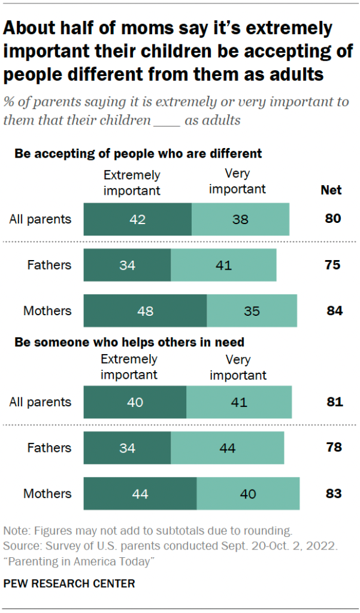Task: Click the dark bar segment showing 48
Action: pyautogui.click(x=145, y=311)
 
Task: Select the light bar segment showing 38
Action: pyautogui.click(x=240, y=219)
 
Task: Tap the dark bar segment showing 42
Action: pyautogui.click(x=137, y=219)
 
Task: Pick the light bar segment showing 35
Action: pyautogui.click(x=252, y=311)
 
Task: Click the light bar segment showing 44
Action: pyautogui.click(x=227, y=448)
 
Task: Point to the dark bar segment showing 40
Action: pyautogui.click(x=135, y=402)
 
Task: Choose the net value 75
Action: pyautogui.click(x=332, y=265)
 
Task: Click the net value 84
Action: pyautogui.click(x=334, y=311)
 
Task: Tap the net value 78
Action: pyautogui.click(x=334, y=448)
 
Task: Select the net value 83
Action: pyautogui.click(x=333, y=494)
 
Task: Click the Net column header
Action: pyautogui.click(x=331, y=190)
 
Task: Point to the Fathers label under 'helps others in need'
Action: pyautogui.click(x=49, y=448)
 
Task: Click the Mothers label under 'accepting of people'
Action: pyautogui.click(x=47, y=311)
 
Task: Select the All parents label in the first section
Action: pyautogui.click(x=40, y=219)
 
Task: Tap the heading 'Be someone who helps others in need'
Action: pyautogui.click(x=129, y=342)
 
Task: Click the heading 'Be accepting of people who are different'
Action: pyautogui.click(x=138, y=153)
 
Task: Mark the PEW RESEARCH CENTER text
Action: pyautogui.click(x=69, y=583)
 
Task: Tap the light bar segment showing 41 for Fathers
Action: pyautogui.click(x=223, y=265)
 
